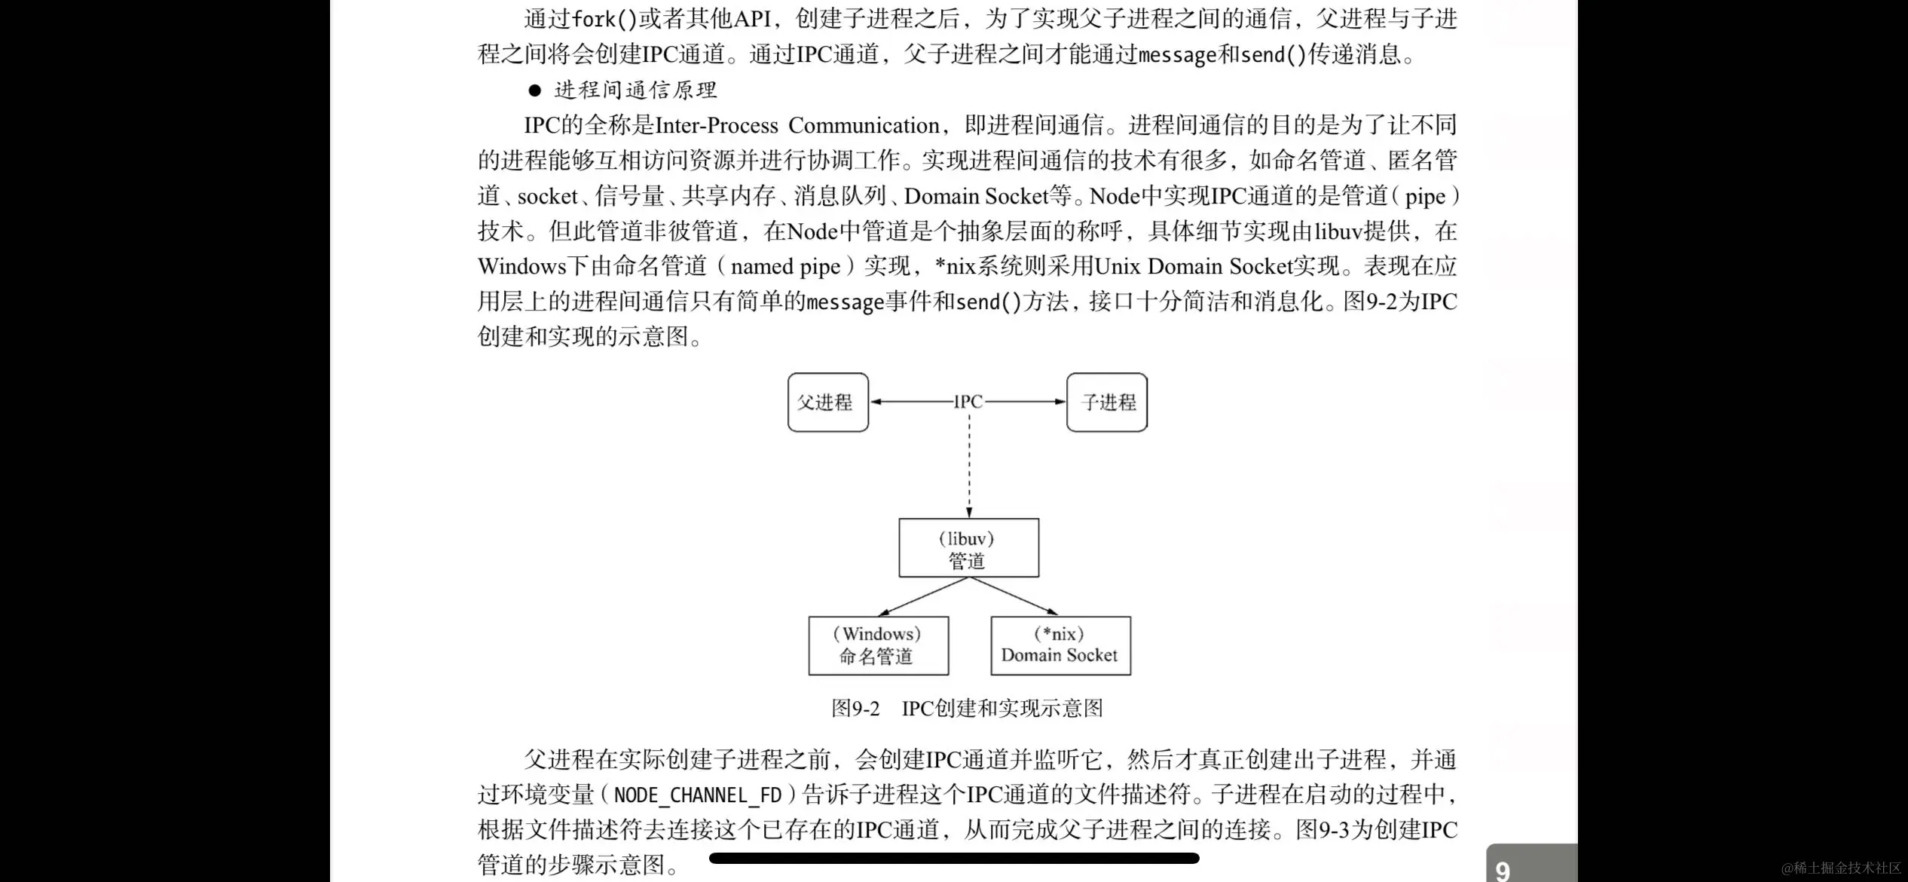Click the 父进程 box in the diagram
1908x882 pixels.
coord(827,403)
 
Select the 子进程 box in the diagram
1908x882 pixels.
coord(1107,403)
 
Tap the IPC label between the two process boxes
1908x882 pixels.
coord(968,402)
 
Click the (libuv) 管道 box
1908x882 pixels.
coord(968,548)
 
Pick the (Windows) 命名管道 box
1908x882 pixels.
coord(878,646)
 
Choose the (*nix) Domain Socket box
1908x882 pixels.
coord(1060,646)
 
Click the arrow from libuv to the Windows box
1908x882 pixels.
coord(923,597)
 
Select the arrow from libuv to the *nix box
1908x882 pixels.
coord(1014,597)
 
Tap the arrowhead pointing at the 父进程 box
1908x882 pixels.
coord(876,402)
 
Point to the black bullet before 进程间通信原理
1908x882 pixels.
coord(535,90)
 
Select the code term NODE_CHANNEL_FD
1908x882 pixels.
coord(697,795)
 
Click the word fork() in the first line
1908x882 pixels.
coord(604,19)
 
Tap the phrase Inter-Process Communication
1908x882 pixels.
coord(797,125)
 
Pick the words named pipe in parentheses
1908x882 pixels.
coord(785,266)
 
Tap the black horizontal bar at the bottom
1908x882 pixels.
coord(954,858)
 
